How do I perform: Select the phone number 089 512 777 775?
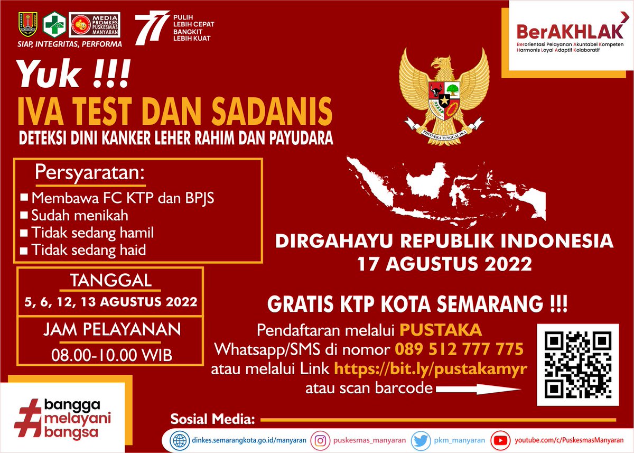click(x=459, y=349)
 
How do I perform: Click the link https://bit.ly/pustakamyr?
click(x=431, y=368)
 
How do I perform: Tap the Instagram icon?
click(x=321, y=439)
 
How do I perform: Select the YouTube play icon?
click(x=498, y=439)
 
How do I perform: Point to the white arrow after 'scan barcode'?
click(x=478, y=389)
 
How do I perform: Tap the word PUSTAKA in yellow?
click(x=440, y=330)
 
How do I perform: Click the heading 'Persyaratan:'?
click(x=90, y=173)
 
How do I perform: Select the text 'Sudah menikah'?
click(x=79, y=215)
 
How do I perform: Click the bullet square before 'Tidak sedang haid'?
click(x=23, y=251)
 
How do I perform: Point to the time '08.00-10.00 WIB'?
click(x=111, y=355)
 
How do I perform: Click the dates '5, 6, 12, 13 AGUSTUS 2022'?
click(x=111, y=302)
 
